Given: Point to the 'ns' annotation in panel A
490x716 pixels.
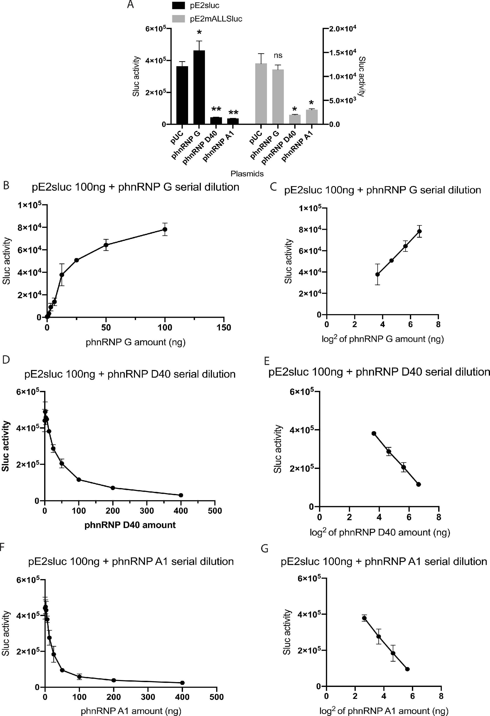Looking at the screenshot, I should [278, 55].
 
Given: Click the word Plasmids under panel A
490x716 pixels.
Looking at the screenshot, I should [247, 174].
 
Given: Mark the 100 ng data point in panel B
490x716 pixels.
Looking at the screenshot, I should [165, 229].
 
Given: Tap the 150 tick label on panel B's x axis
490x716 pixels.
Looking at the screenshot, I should [224, 327].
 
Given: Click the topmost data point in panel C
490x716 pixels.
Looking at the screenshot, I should [419, 231].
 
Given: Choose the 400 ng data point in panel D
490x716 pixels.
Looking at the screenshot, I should [181, 495].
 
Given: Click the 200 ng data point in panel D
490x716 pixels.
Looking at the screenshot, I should [113, 488].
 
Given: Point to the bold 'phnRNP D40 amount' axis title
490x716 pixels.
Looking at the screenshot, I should [130, 525].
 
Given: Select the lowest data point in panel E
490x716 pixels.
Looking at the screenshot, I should [419, 484].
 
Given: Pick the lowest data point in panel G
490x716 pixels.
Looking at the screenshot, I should [407, 669].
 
